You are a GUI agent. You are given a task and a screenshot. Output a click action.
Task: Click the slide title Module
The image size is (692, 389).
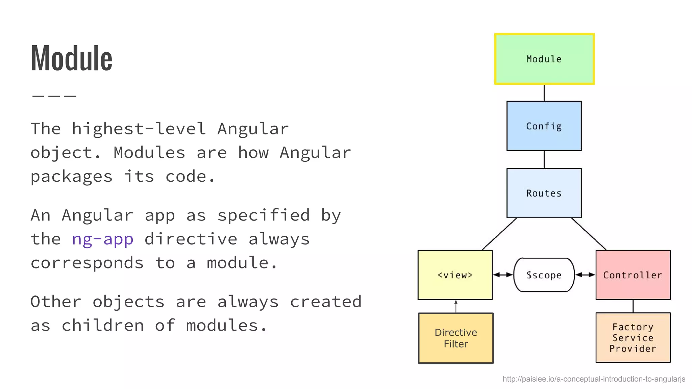[x=71, y=58]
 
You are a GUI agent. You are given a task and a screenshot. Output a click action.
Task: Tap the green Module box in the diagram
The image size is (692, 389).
[x=544, y=59]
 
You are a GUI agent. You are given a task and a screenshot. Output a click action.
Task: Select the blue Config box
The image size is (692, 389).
[x=544, y=126]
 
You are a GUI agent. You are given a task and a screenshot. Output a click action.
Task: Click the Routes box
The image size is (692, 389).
[x=544, y=193]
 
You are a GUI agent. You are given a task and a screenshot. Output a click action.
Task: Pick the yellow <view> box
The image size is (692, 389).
[x=455, y=275]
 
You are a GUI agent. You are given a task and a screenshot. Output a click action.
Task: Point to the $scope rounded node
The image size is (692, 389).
[x=544, y=275]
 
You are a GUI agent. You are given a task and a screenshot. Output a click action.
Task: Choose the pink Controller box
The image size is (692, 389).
[x=633, y=275]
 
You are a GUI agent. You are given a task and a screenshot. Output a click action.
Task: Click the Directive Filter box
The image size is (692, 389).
[x=456, y=338]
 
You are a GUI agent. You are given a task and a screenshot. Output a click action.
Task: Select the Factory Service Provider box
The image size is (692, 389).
[x=633, y=338]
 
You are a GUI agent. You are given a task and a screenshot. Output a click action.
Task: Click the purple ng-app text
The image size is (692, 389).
[x=103, y=239]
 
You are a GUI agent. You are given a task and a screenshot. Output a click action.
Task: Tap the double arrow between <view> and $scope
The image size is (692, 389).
[x=503, y=275]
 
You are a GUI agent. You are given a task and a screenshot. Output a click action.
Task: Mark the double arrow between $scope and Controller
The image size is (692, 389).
[x=585, y=275]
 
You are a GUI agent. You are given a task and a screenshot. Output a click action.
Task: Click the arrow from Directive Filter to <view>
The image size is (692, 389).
[x=456, y=306]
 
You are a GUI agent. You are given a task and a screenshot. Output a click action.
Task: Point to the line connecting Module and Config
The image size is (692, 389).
[x=544, y=93]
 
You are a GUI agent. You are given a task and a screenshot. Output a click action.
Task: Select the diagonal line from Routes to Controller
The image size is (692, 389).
[x=589, y=234]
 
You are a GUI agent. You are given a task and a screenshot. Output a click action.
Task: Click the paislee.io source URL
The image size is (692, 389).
[x=594, y=379]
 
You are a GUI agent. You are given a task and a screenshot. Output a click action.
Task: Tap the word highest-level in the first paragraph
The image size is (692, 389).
[x=139, y=129]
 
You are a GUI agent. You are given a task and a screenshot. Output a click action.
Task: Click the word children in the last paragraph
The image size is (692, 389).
[x=103, y=326]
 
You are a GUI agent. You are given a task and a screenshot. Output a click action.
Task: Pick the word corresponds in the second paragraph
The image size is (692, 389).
[x=87, y=263]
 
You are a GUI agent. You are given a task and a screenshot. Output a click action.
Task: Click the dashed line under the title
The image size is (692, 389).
[x=54, y=96]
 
